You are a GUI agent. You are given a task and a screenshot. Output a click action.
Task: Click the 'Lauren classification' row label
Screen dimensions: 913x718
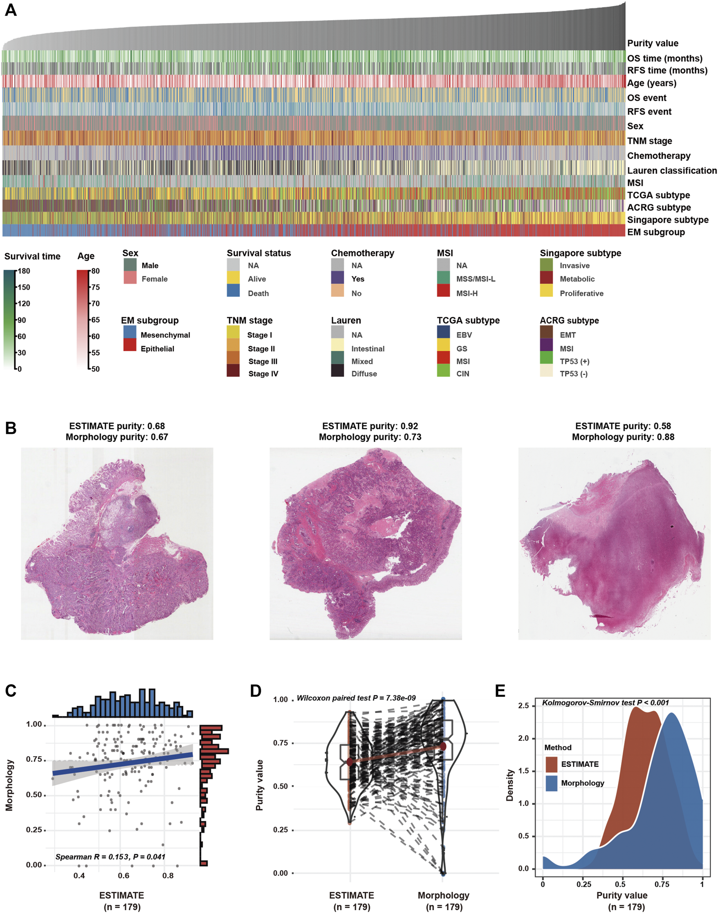(x=671, y=170)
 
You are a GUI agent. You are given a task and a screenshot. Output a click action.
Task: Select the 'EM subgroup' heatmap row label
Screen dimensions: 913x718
(x=656, y=232)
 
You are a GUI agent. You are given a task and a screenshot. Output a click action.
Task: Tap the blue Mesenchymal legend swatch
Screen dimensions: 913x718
(x=130, y=332)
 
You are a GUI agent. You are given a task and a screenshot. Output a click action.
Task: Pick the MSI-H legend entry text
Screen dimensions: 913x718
(x=467, y=294)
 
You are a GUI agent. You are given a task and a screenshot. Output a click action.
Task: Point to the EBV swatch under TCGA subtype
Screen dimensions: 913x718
(x=444, y=332)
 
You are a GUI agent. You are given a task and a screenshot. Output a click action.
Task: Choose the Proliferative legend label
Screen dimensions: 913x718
(x=581, y=294)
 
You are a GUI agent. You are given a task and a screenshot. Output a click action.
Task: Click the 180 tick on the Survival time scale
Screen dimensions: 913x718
(x=24, y=271)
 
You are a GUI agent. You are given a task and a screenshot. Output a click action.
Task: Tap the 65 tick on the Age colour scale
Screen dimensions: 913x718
(x=95, y=320)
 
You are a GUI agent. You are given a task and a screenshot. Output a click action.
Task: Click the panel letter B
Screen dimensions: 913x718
(x=11, y=428)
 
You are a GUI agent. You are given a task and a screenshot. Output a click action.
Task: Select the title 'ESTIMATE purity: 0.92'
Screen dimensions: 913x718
(x=370, y=426)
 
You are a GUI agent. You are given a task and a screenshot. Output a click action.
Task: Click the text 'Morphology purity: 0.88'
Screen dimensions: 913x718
(x=623, y=437)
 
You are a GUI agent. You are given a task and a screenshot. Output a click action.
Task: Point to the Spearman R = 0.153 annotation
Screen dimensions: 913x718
(x=110, y=857)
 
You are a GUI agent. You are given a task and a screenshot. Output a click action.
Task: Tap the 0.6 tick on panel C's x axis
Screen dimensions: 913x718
(x=123, y=876)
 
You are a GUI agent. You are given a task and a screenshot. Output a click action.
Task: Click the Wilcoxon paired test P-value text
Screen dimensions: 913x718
(x=356, y=698)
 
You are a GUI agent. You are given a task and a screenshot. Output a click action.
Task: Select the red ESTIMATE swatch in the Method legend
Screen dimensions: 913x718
(x=552, y=764)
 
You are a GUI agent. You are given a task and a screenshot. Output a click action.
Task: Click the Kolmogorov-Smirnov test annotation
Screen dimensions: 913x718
(x=605, y=703)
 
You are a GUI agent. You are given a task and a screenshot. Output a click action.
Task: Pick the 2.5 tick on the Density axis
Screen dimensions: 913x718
(x=523, y=706)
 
